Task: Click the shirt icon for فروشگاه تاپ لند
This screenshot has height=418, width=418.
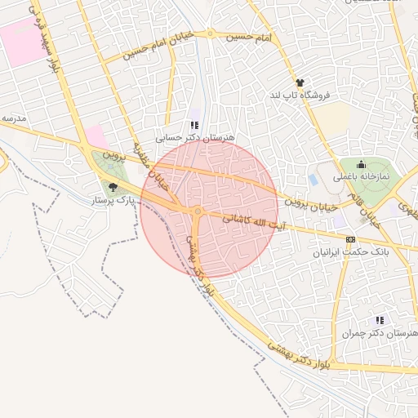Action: click(x=300, y=83)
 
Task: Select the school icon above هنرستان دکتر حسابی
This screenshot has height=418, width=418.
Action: click(x=194, y=125)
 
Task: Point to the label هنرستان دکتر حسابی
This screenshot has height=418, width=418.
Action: click(x=196, y=138)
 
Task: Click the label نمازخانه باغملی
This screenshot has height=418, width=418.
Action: click(x=361, y=176)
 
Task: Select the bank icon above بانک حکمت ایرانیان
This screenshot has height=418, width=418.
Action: click(x=350, y=239)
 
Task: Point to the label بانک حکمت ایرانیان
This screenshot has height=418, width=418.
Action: click(x=351, y=252)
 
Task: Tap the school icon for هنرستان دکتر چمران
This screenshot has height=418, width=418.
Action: click(x=379, y=321)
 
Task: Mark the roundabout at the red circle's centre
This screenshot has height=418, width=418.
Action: click(x=198, y=211)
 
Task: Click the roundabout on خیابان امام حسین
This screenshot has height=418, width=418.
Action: click(x=211, y=34)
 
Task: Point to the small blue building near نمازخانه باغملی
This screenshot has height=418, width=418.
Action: click(x=313, y=179)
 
